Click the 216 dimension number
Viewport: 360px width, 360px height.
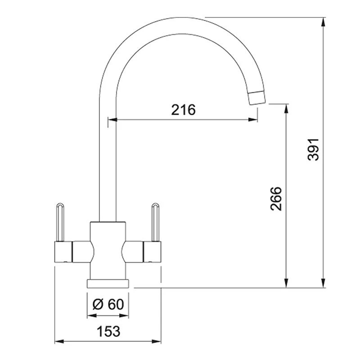pos(183,110)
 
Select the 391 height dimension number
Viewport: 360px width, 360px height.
pos(313,149)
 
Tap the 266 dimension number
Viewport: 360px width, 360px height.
pos(276,198)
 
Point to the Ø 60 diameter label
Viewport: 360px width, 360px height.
pos(108,304)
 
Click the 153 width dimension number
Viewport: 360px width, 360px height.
pos(108,331)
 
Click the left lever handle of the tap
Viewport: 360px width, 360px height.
pos(60,222)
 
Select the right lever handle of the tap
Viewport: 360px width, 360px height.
pos(155,222)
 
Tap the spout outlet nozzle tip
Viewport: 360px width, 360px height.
pos(257,98)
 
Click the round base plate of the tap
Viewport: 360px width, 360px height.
pos(108,283)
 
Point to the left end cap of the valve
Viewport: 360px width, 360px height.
pos(63,252)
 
